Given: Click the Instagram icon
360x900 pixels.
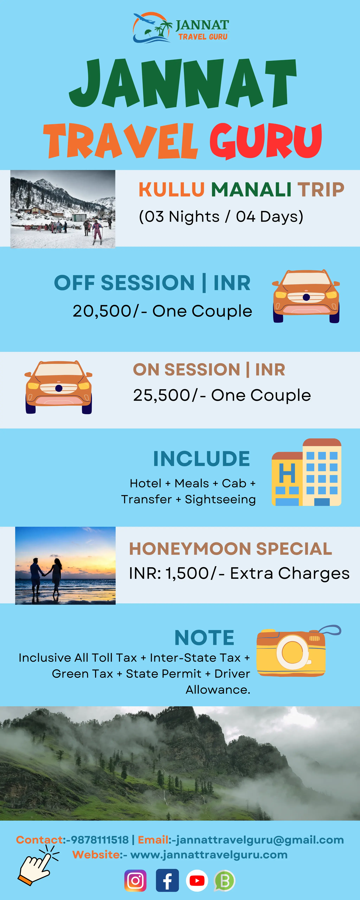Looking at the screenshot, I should click(135, 880).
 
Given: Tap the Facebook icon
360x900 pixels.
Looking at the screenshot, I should click(167, 880).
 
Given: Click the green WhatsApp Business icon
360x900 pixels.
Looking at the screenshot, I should click(224, 880).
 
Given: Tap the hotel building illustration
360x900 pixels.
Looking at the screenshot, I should click(307, 472).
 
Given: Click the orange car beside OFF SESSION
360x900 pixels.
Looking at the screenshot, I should click(306, 296).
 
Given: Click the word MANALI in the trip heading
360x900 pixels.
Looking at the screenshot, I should click(251, 190).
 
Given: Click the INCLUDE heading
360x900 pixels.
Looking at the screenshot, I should click(202, 459).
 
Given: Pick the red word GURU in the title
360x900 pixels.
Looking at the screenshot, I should click(266, 141).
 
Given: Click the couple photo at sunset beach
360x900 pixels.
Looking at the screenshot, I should click(65, 565).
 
